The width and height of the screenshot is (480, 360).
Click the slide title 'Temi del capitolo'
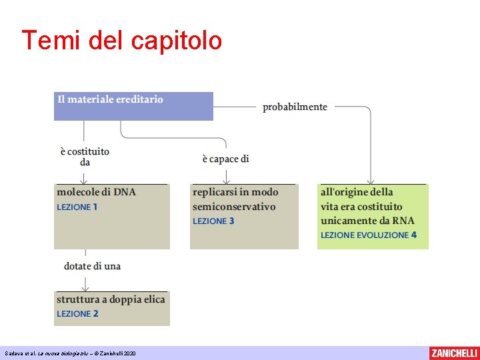(x=121, y=41)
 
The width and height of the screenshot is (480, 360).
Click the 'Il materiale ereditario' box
(x=133, y=105)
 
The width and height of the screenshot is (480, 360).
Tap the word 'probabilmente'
(x=295, y=107)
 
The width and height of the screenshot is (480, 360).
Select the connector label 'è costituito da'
(x=85, y=157)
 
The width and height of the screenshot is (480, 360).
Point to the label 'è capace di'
(x=225, y=159)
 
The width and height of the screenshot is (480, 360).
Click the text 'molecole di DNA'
(x=96, y=192)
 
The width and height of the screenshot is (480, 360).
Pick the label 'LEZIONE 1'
(x=77, y=207)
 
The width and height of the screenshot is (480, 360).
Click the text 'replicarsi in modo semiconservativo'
(x=235, y=199)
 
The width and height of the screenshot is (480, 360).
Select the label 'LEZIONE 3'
(x=213, y=221)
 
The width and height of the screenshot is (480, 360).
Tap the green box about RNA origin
(x=372, y=217)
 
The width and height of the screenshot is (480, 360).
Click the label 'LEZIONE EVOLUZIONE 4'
(x=369, y=235)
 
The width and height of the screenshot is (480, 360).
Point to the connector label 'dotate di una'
(x=92, y=266)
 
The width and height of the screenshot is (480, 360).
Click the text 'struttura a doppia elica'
(x=111, y=299)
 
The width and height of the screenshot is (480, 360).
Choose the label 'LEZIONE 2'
(x=77, y=314)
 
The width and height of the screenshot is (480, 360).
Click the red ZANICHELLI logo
(x=453, y=353)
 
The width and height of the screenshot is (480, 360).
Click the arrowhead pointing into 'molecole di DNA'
(x=85, y=180)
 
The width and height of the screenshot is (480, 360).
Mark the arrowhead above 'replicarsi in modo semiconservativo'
(x=227, y=180)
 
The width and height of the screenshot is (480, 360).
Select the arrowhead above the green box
(x=371, y=180)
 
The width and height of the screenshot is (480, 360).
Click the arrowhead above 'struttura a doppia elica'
(x=85, y=288)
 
